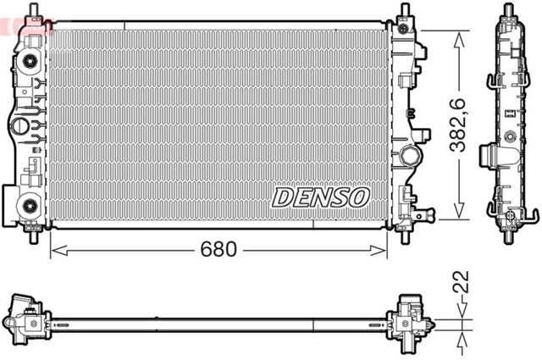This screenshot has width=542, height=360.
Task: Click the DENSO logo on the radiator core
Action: (321, 197)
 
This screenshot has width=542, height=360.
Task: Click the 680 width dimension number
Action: (218, 250)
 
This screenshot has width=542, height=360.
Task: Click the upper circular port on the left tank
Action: (29, 62)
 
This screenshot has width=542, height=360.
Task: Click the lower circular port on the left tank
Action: (29, 204)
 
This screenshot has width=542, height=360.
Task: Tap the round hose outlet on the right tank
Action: (412, 156)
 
